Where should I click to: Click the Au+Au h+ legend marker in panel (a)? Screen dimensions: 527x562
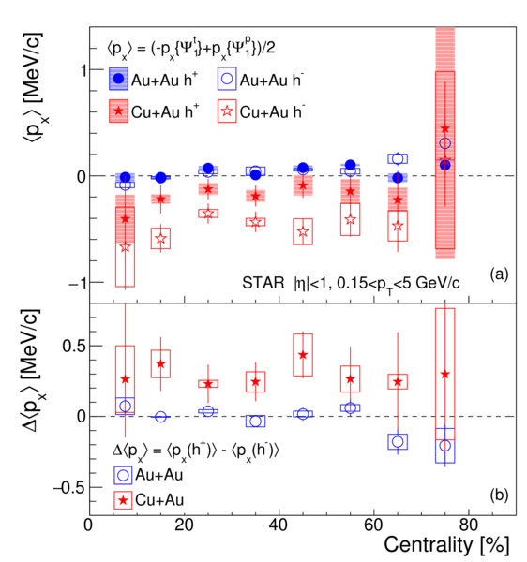click(x=118, y=79)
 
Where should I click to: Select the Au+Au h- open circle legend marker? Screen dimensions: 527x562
click(x=227, y=79)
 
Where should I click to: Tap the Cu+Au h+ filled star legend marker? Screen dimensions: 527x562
click(x=118, y=111)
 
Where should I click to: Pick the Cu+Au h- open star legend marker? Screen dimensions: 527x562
click(x=227, y=111)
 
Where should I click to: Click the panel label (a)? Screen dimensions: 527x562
click(x=499, y=274)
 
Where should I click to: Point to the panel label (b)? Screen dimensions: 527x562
click(x=499, y=495)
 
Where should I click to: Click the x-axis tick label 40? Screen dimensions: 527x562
click(x=279, y=525)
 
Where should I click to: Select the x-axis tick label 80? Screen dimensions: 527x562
click(x=469, y=525)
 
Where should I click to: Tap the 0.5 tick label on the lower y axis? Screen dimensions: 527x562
click(x=74, y=346)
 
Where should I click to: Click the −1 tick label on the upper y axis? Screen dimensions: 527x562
click(x=77, y=284)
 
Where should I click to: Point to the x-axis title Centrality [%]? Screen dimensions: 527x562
click(x=446, y=545)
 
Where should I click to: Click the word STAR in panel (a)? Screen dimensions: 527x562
click(x=263, y=283)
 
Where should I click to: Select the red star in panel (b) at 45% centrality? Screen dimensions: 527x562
click(x=303, y=355)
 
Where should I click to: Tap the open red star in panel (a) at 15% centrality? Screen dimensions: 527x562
click(x=160, y=238)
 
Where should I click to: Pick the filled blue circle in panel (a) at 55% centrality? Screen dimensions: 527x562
click(x=351, y=165)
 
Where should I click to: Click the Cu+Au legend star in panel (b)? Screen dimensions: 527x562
click(x=123, y=500)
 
